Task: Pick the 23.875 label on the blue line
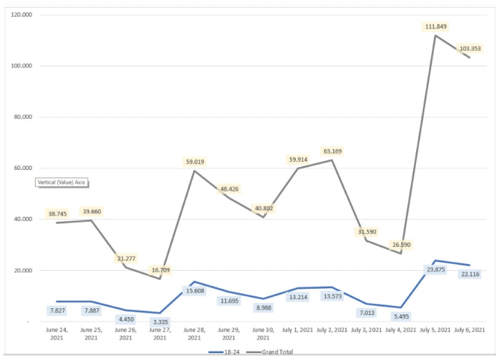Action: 434,269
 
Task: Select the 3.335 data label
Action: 160,323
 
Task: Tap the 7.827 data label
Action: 57,310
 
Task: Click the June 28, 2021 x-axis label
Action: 193,334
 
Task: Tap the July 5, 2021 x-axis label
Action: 435,330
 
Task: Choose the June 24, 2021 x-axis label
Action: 57,334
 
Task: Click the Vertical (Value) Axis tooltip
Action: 63,182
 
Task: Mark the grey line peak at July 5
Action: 435,35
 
